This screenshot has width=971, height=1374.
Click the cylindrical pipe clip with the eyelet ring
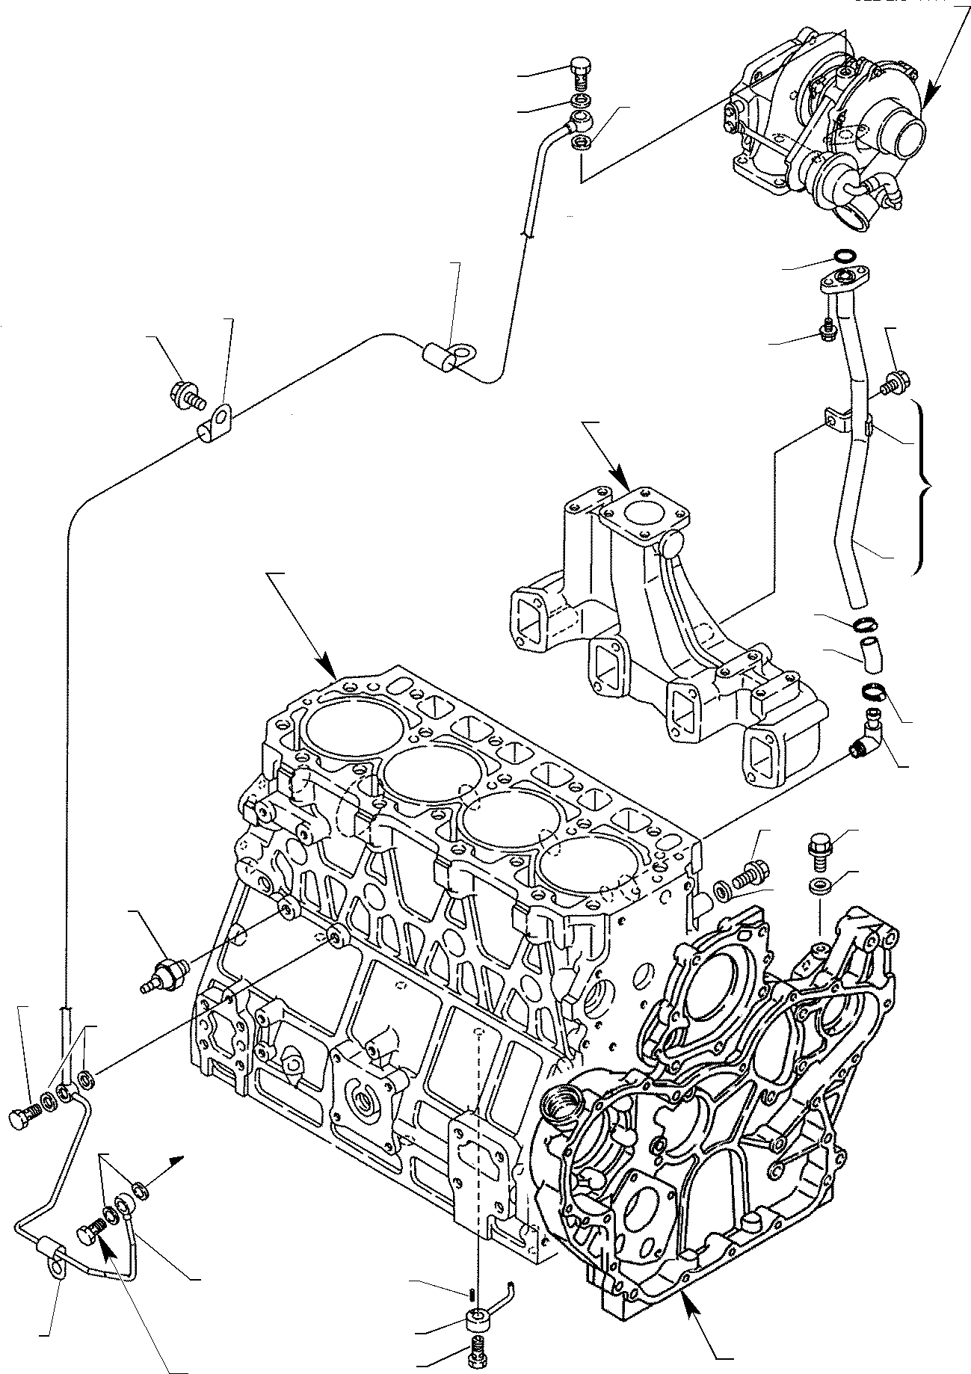point(446,355)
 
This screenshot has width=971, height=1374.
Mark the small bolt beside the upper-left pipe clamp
point(186,395)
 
